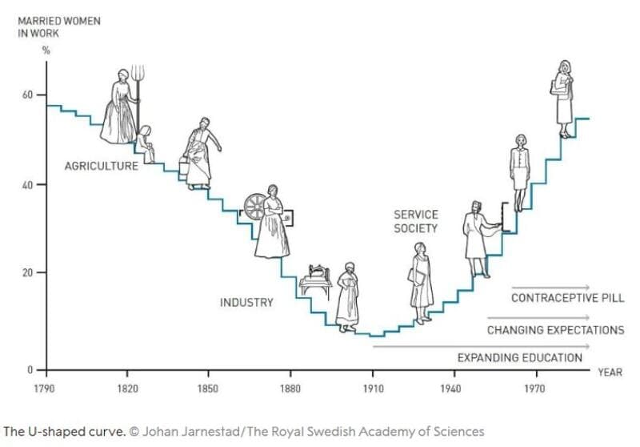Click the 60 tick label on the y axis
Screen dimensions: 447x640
pos(28,95)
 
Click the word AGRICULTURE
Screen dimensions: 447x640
pos(102,166)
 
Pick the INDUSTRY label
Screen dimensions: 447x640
pos(246,303)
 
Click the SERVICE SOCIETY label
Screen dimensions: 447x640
pos(416,221)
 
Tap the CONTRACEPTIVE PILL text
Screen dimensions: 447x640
pos(568,298)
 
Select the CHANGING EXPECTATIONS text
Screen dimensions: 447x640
pos(555,330)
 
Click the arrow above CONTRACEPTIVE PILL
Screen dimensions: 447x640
pos(550,286)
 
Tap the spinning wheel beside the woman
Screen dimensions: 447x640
pos(254,206)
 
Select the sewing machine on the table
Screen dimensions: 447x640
pos(316,276)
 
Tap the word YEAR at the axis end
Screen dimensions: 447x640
pos(610,372)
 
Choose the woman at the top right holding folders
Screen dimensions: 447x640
pos(564,98)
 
